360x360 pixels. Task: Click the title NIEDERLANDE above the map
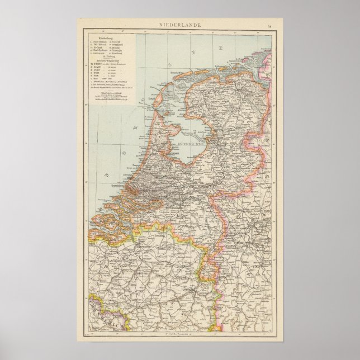coord(179,26)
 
